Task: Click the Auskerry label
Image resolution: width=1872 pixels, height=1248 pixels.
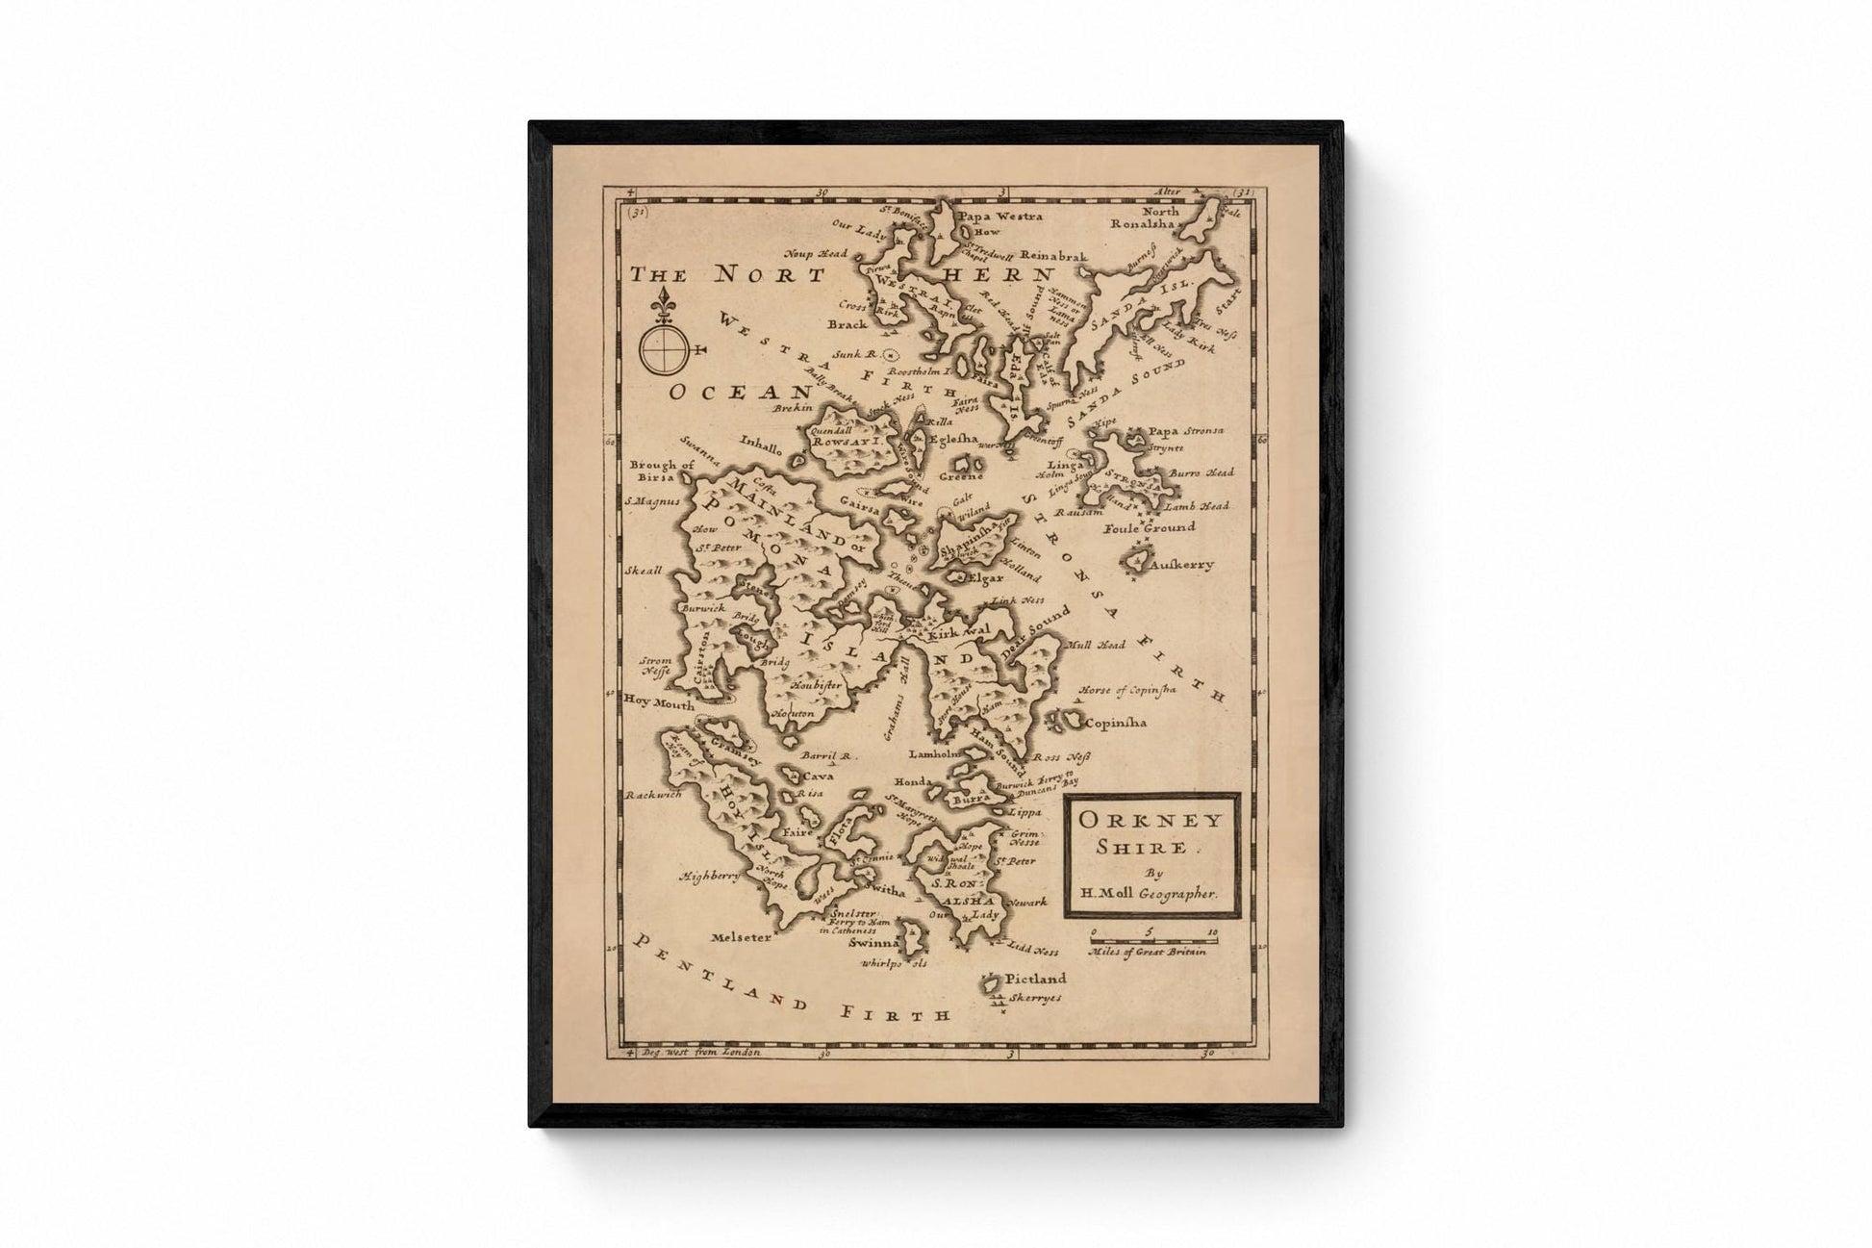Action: (1180, 565)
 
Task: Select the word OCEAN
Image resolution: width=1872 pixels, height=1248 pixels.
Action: (741, 392)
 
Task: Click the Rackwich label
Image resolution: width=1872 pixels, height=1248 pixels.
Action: (654, 795)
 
